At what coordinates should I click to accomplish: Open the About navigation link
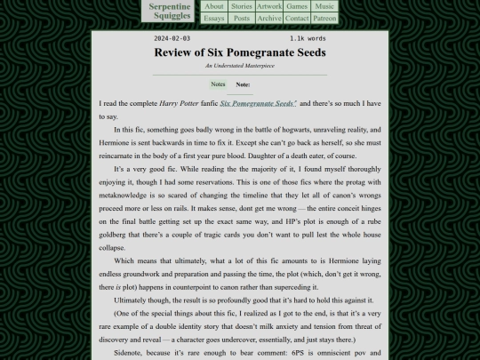214,6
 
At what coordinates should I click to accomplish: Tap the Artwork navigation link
269,6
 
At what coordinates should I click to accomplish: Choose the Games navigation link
297,6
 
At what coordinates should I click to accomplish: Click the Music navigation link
324,6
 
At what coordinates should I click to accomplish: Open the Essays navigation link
214,18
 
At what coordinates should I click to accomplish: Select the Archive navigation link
269,18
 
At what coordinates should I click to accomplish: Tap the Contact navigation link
297,18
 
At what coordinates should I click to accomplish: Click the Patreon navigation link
325,18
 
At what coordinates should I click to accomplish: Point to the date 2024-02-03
172,39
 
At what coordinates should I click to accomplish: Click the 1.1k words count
308,39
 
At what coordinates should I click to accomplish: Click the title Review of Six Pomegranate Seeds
240,52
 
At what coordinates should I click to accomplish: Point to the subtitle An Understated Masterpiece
240,66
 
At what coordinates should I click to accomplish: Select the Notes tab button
218,84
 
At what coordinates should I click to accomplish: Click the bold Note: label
243,84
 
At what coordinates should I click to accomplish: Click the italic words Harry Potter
178,104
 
